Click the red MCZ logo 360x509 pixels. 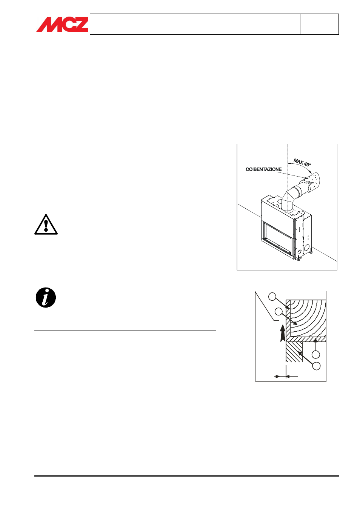pos(62,24)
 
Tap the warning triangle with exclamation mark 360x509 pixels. pos(46,224)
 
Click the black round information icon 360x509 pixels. pos(46,297)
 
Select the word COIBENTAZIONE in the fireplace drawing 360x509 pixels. pos(264,169)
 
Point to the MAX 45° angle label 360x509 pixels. pos(302,163)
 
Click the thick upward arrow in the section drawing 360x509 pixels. pos(282,333)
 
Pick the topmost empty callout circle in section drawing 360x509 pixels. pos(272,297)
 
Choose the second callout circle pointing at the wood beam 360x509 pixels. pos(278,312)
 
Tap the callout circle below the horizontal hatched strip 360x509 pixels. pos(316,354)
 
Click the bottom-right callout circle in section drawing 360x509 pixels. pos(316,366)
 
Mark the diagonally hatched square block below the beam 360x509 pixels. pos(294,352)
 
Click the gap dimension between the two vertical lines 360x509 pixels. pos(282,377)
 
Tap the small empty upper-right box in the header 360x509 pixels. pos(319,19)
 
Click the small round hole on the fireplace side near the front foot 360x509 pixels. pos(299,251)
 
